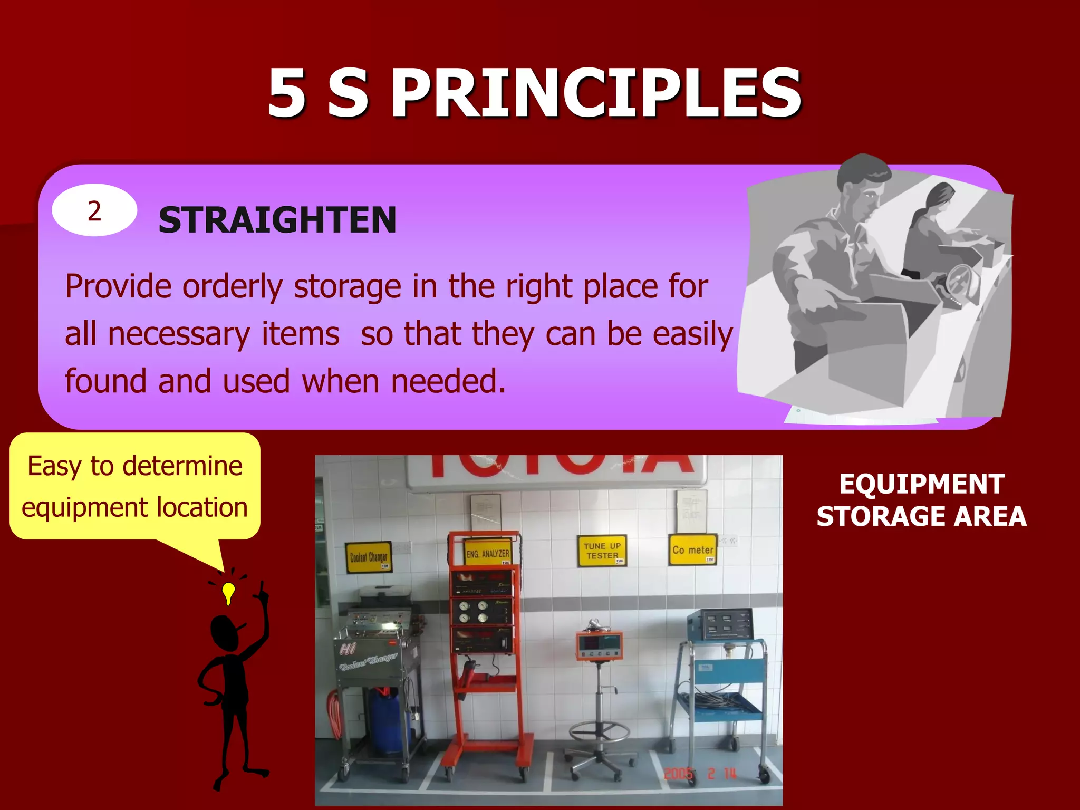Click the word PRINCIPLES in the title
(x=596, y=94)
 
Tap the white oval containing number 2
(x=94, y=210)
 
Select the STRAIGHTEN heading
(x=277, y=220)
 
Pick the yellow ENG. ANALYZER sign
(x=488, y=553)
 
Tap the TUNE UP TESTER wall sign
(x=602, y=551)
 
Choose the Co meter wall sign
(x=692, y=550)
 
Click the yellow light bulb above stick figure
(x=228, y=593)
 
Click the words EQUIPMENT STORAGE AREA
(x=921, y=500)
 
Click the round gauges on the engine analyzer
(x=473, y=612)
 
